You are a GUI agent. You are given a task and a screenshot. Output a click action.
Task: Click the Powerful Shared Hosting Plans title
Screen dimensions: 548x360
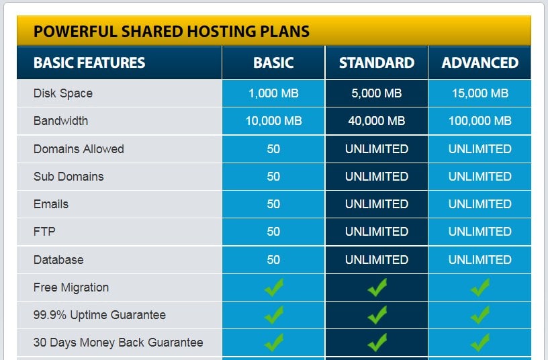[171, 32]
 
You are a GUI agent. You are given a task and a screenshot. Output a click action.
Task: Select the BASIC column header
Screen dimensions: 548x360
[273, 63]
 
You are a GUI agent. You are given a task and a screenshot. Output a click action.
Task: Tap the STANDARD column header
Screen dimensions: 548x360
[377, 63]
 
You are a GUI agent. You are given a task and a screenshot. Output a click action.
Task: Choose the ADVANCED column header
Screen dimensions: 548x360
[480, 63]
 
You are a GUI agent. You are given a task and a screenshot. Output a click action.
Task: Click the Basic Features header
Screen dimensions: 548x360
[89, 63]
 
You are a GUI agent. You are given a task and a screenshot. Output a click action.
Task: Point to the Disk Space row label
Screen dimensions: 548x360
[63, 93]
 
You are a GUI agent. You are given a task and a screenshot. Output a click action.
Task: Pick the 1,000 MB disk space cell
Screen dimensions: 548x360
[273, 93]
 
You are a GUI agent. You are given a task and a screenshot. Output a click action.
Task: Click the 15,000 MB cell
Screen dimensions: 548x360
[480, 93]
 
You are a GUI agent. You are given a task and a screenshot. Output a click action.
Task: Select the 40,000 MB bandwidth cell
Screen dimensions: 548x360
[377, 121]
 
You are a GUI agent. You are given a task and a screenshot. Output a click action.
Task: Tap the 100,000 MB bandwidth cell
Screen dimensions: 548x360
[480, 121]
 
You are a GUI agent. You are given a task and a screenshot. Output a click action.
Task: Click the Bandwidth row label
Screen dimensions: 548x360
[61, 121]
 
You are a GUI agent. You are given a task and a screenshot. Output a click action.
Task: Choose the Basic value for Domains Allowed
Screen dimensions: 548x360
[273, 149]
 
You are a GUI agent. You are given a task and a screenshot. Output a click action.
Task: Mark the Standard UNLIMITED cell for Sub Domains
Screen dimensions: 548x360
[377, 177]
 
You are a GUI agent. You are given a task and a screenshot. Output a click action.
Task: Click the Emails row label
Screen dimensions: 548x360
[51, 204]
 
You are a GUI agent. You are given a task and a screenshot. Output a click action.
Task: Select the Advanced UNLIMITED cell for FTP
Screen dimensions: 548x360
[480, 231]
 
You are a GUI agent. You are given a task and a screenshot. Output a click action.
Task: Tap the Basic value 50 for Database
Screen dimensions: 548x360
[273, 260]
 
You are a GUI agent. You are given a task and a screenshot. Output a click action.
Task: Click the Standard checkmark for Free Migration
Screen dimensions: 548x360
[377, 287]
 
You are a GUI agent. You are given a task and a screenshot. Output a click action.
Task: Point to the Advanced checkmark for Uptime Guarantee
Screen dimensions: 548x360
[480, 315]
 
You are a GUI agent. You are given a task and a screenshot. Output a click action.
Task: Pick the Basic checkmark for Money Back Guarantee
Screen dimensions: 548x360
[273, 343]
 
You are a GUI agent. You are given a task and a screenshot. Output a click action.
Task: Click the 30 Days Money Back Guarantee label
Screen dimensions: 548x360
[118, 343]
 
